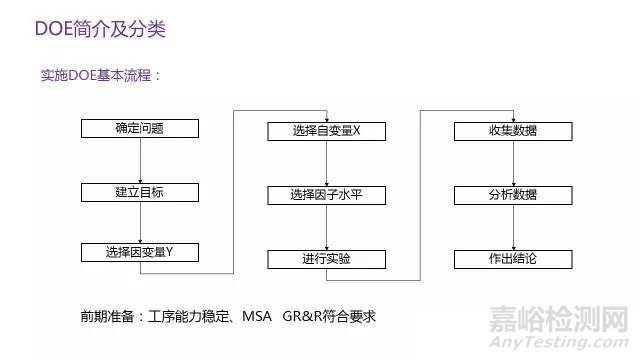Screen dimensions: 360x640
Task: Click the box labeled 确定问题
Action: tap(139, 128)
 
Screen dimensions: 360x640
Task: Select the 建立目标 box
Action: tap(139, 190)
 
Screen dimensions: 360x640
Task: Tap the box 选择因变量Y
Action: tap(139, 252)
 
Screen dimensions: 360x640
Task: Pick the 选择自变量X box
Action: tap(327, 132)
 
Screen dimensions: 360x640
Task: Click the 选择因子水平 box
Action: tap(327, 195)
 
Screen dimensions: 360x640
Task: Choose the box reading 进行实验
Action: tap(327, 259)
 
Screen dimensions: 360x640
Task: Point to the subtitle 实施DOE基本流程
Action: tap(99, 76)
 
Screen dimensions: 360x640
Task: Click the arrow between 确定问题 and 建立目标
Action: tap(139, 159)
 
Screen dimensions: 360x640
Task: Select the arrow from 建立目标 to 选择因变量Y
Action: tap(139, 221)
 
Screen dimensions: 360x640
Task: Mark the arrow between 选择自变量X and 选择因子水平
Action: tap(327, 163)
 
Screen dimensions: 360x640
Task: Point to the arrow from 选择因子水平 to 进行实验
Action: tap(327, 227)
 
